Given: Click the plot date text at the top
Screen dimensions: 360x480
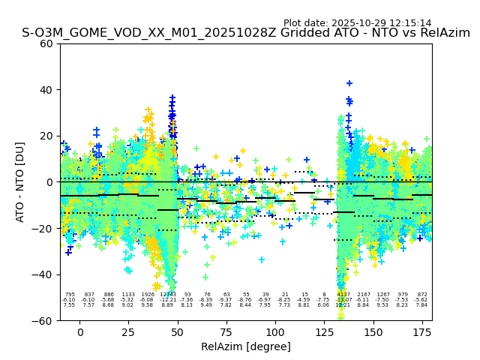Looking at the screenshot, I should point(357,23).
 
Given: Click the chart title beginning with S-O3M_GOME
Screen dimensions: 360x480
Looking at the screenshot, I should point(246,33).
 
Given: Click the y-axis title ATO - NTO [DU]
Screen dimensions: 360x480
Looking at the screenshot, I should point(21,182).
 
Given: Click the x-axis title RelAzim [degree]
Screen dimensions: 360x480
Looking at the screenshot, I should point(246,346).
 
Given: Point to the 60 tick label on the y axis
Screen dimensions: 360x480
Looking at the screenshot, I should point(46,43).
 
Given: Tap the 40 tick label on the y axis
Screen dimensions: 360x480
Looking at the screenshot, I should point(46,90).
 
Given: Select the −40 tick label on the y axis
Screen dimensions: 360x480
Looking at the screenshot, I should point(43,274).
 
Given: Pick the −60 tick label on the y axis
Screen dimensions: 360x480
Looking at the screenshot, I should point(43,320).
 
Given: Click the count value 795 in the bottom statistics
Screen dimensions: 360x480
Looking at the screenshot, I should point(70,295).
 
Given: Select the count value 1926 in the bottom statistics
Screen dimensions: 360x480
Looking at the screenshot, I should point(148,295).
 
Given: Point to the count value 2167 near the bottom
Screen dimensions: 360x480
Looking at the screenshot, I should point(364,295).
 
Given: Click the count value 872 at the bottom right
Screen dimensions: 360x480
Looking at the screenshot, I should point(422,295).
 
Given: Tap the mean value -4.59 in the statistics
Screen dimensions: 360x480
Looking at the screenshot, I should point(304,300).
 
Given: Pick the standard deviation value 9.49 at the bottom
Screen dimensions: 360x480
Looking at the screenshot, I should point(206,305).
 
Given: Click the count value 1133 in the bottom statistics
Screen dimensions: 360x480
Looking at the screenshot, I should point(128,295).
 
